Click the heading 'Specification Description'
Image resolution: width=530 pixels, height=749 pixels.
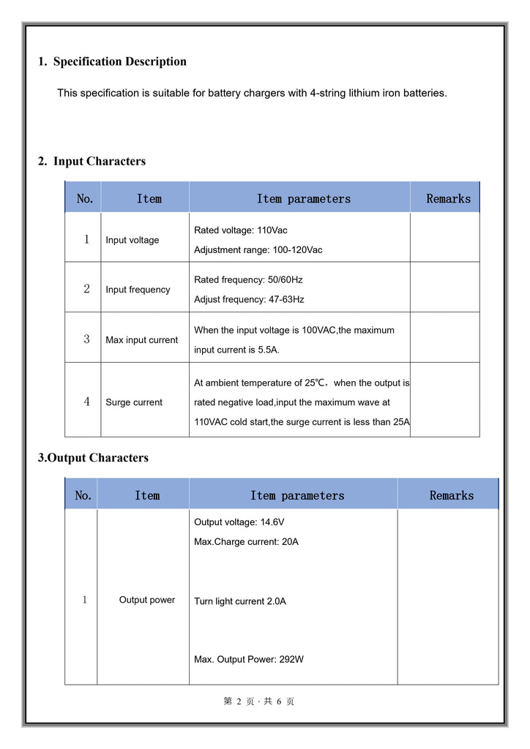tap(119, 61)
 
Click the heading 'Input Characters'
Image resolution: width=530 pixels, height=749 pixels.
tap(99, 161)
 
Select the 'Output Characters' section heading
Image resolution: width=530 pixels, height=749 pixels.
tap(93, 458)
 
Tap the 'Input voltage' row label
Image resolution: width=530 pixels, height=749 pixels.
tap(132, 240)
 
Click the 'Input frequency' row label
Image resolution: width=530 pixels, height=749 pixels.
tap(138, 290)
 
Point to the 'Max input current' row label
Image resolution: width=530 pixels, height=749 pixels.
tap(141, 340)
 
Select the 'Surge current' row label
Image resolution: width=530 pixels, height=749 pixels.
tap(134, 402)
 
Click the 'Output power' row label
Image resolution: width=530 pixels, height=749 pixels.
tap(147, 600)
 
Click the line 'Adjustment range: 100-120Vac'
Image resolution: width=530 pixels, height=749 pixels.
tap(258, 250)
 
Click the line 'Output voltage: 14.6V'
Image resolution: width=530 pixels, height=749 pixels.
tap(239, 522)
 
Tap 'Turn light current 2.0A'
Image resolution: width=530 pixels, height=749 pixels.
tap(239, 601)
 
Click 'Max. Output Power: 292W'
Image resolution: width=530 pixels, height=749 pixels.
tap(249, 659)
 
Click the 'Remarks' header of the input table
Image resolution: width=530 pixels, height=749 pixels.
tap(448, 198)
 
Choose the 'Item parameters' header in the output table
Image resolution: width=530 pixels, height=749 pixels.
tap(296, 495)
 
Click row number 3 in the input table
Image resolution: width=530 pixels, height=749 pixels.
tap(86, 339)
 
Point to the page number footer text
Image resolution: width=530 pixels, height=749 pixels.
tap(259, 701)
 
